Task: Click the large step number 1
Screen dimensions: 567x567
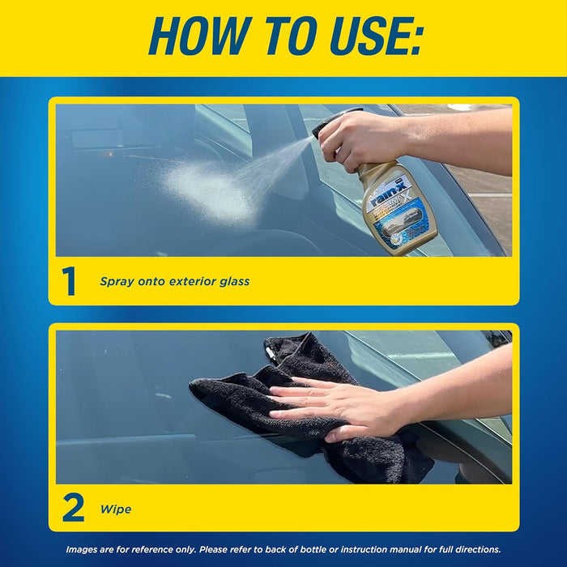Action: point(69,281)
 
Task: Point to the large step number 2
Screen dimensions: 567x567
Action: point(72,508)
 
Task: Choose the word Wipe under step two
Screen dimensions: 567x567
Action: point(115,509)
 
